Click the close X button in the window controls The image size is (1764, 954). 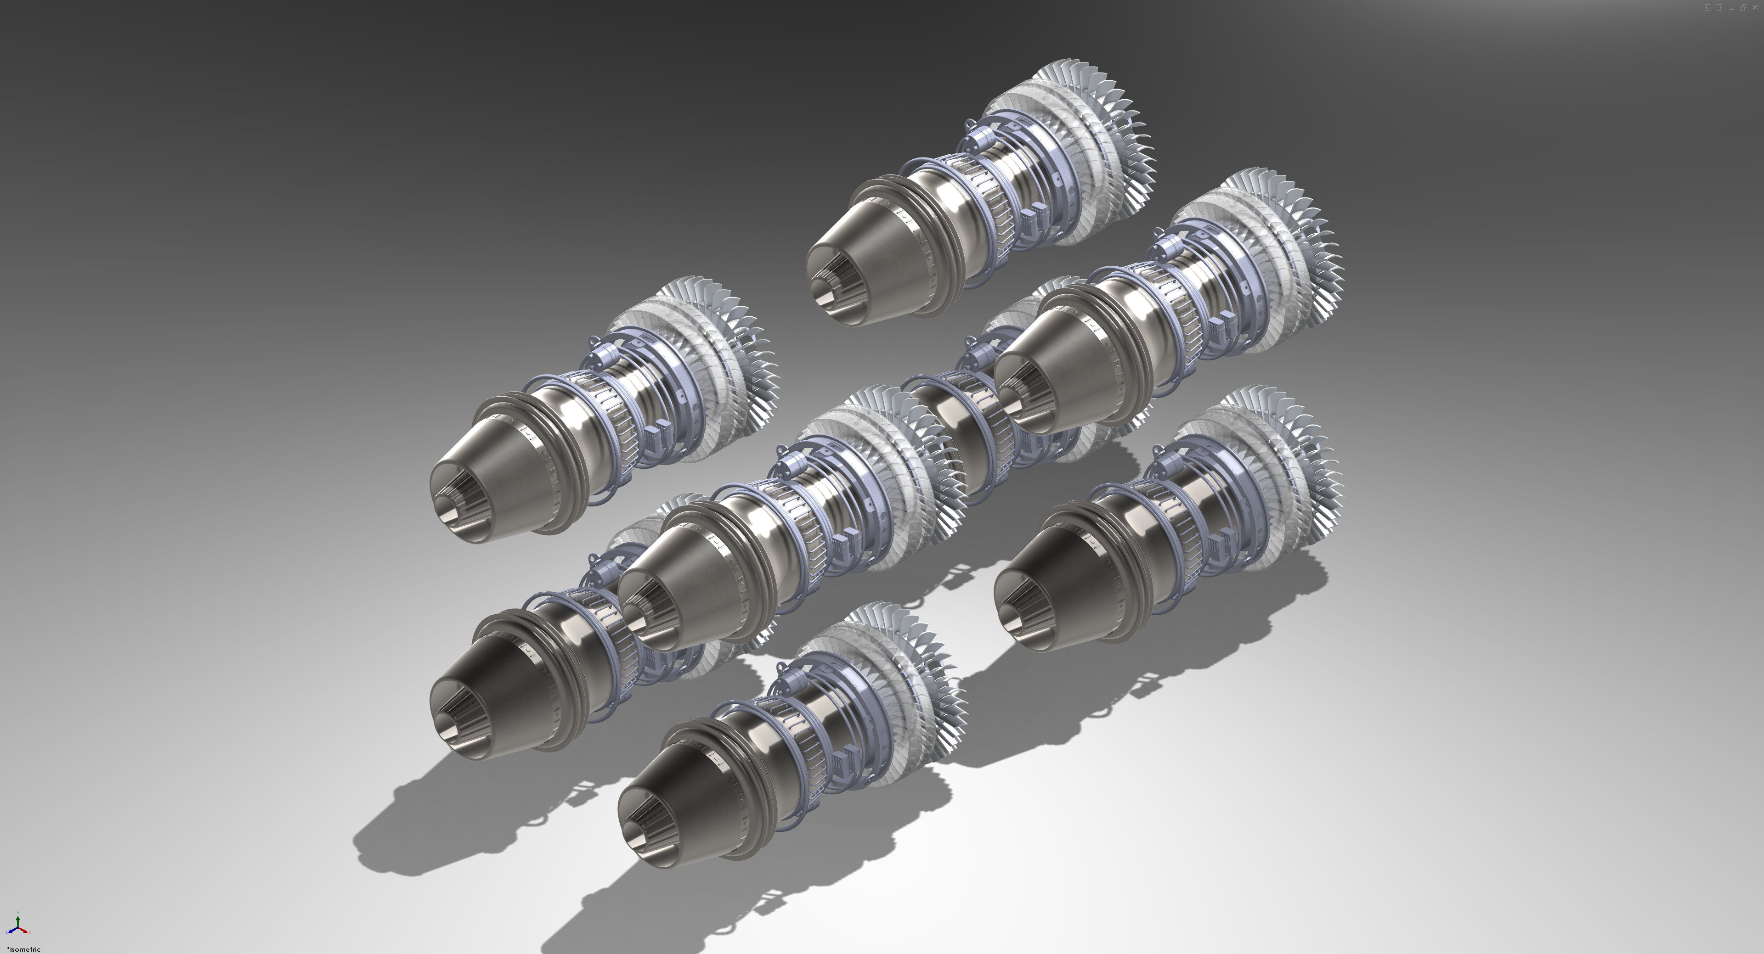point(1756,7)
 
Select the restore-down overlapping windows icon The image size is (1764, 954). point(1743,7)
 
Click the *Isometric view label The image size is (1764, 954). point(23,949)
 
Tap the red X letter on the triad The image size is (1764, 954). point(29,933)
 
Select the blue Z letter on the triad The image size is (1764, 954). point(7,933)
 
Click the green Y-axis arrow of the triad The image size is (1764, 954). point(18,922)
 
